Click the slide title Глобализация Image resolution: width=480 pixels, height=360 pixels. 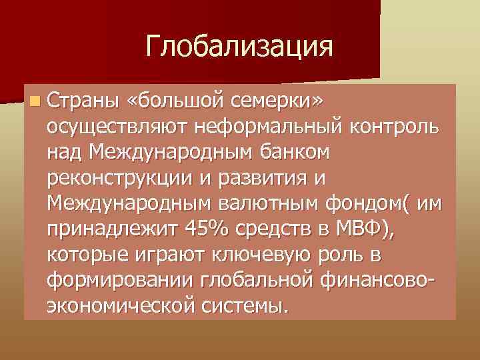(x=239, y=47)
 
